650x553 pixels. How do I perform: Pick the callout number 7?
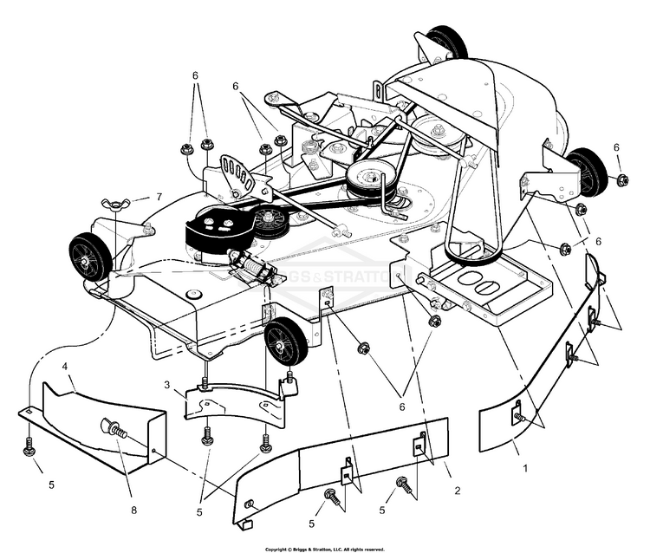point(159,197)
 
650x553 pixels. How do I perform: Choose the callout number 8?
point(133,511)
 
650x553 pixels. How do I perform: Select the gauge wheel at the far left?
point(90,256)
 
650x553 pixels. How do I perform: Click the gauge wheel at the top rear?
point(445,43)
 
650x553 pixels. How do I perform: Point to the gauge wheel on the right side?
point(587,171)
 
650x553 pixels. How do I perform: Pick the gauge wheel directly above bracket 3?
point(286,341)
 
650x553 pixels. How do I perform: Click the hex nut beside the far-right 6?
point(622,180)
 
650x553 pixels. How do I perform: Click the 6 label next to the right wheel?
point(616,147)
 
